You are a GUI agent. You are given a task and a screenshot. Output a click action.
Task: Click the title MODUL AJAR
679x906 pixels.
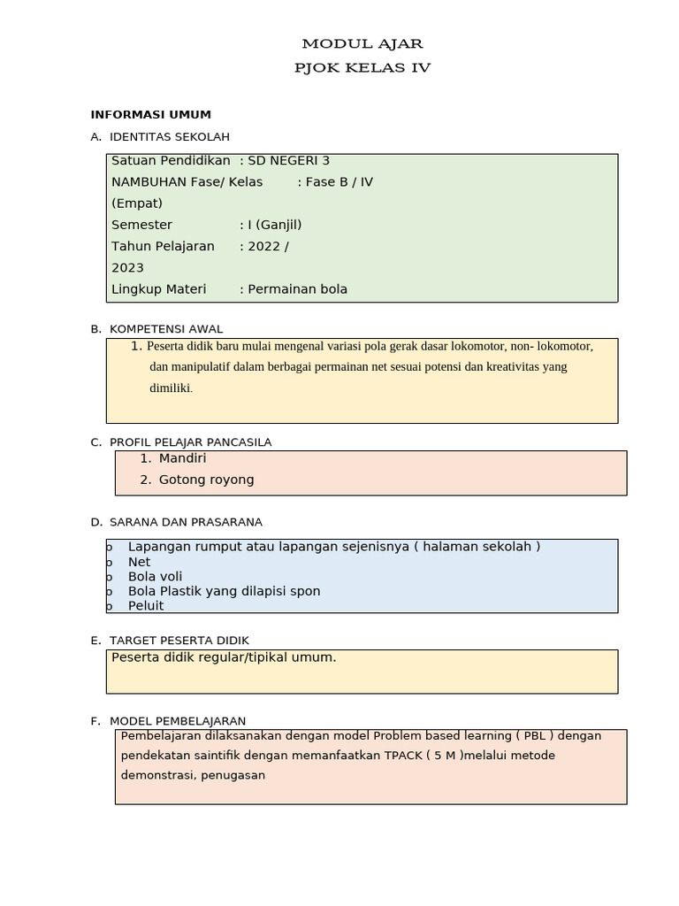coord(362,43)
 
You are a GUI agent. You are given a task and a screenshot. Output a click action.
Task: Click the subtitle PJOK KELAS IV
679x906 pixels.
coord(362,67)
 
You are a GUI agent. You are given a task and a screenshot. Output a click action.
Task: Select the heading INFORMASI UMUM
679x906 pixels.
coord(151,114)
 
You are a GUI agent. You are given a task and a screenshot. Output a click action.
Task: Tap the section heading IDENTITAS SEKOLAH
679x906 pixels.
coord(169,136)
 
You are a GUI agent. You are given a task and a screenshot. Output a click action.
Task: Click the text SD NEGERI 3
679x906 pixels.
coord(288,160)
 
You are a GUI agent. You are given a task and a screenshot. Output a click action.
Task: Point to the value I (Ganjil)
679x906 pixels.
coord(280,225)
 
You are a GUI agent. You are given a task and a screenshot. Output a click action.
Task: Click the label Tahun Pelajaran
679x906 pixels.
coord(163,246)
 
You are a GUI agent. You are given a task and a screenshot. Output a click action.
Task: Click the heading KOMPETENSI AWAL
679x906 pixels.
coord(165,328)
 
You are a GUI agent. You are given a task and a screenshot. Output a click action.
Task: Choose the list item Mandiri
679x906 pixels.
coord(182,458)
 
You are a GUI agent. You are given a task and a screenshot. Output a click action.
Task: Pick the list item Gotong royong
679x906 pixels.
coord(206,480)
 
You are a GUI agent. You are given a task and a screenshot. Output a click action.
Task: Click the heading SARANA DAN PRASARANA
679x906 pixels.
coord(186,522)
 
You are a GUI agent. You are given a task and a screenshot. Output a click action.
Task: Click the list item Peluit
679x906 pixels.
coord(146,605)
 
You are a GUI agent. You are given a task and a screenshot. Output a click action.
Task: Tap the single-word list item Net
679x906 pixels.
coord(139,562)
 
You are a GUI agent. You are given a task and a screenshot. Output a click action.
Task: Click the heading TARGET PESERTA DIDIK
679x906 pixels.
coord(179,640)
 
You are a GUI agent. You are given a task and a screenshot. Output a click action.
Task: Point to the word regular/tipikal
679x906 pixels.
coord(233,656)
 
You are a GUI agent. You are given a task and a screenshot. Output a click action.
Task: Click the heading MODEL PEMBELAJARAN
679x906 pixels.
coord(177,721)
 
